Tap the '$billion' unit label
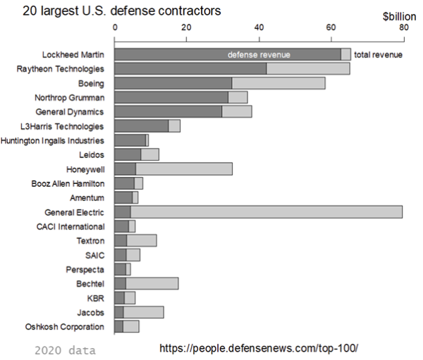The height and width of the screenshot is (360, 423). (399, 15)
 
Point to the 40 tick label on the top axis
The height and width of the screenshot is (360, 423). (259, 27)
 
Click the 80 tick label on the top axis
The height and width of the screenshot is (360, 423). (403, 27)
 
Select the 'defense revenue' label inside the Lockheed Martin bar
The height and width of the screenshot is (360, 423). (259, 55)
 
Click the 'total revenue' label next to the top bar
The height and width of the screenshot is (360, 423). (378, 55)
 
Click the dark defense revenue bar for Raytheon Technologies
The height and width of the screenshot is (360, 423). (190, 69)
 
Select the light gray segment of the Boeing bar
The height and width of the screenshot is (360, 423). (278, 83)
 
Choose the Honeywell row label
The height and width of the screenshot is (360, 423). (85, 169)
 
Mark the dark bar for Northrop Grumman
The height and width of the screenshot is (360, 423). (171, 97)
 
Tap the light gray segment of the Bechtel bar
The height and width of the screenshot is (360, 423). (152, 283)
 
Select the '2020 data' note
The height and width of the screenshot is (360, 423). (65, 350)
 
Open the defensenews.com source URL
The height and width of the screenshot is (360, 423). (259, 349)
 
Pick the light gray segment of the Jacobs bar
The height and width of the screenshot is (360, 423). (144, 312)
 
